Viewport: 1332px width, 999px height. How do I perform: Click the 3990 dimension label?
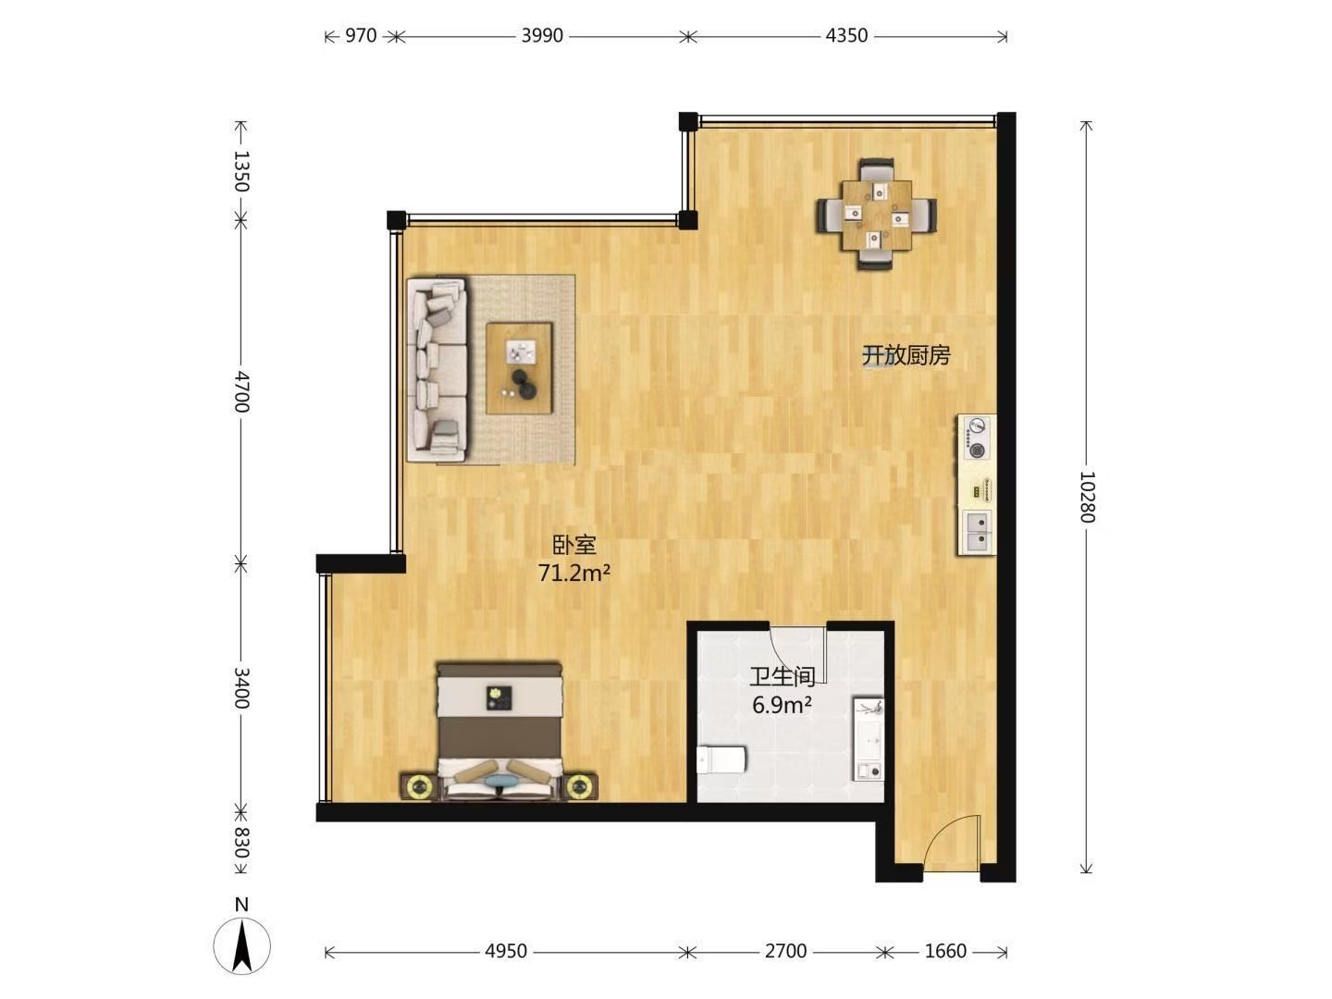pos(542,36)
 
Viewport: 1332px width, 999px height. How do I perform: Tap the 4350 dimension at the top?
pos(846,36)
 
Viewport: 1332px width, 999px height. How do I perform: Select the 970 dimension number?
pos(361,36)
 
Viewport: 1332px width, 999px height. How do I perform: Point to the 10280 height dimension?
pos(1086,497)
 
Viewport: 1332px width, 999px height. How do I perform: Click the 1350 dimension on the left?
pos(241,171)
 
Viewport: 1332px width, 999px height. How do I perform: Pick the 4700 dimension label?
pos(241,392)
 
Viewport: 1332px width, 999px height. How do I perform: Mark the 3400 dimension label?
pos(241,688)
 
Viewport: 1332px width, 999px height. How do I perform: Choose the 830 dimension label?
pos(241,843)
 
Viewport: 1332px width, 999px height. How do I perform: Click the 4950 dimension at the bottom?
pos(505,951)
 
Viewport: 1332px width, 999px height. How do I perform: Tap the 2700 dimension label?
pos(785,951)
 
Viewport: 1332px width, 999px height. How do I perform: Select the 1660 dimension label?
pos(945,951)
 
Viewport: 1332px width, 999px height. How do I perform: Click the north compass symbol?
pos(242,946)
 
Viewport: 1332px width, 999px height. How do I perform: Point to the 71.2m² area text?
pos(574,573)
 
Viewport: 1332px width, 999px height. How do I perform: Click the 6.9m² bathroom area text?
pos(783,705)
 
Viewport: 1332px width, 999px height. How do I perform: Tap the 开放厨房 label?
pos(906,355)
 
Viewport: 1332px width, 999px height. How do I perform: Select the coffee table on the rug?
pos(519,368)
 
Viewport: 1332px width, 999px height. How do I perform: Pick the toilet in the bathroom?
pos(721,760)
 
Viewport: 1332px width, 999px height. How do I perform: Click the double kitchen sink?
pos(978,531)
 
